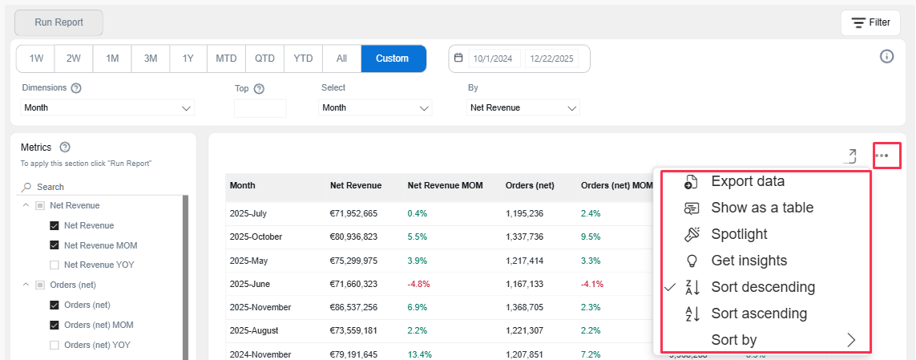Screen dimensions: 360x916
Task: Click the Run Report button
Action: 59,22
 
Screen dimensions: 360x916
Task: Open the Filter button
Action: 870,22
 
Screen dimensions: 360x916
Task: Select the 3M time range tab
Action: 151,59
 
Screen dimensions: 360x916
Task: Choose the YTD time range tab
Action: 303,59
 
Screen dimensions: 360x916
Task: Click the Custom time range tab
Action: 393,59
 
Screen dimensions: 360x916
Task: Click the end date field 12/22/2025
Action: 553,59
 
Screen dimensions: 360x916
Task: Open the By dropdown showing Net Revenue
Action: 523,107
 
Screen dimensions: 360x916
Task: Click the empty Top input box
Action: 260,108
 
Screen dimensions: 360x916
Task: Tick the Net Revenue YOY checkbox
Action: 54,265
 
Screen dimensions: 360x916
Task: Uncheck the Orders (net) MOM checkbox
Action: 54,325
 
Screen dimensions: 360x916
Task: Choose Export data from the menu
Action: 747,181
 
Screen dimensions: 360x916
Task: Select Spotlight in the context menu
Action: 738,234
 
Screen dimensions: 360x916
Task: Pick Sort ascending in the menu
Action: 758,313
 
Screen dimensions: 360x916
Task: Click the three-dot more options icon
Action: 882,156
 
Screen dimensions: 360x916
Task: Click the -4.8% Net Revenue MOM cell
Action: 420,284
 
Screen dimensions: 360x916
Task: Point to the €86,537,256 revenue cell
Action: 353,307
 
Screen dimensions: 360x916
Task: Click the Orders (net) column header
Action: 530,186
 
